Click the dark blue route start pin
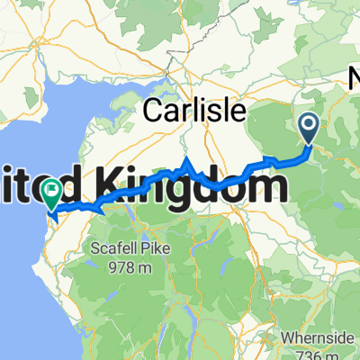(308, 128)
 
